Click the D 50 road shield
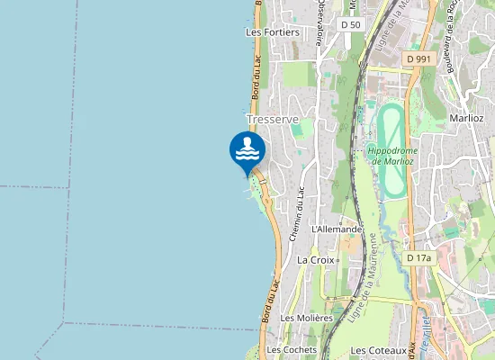click(351, 24)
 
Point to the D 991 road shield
click(419, 58)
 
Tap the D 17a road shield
click(419, 258)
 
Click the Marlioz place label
click(466, 118)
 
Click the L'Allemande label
click(336, 229)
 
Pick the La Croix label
click(315, 260)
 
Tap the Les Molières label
click(306, 318)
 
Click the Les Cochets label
click(287, 349)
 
